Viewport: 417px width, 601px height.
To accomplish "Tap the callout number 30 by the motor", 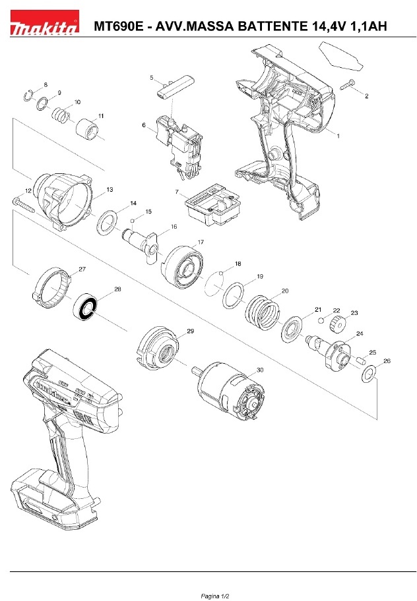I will [x=260, y=370].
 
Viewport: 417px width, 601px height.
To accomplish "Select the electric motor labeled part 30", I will [x=228, y=390].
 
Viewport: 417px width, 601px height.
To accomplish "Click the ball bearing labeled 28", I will [x=86, y=306].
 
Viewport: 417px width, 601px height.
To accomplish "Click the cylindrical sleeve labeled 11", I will [x=86, y=128].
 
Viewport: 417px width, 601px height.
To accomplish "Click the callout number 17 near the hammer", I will [x=201, y=243].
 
